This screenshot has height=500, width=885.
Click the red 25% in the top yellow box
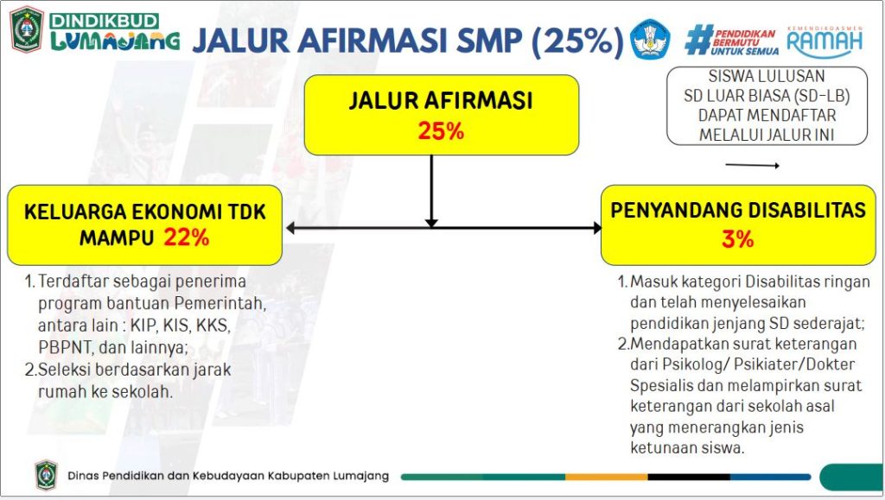(x=441, y=130)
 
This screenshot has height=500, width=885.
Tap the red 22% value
(x=187, y=237)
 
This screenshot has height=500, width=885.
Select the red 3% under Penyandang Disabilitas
(x=738, y=239)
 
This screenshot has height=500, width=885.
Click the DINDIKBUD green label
(x=104, y=21)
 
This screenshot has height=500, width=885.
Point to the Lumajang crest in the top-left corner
(x=27, y=29)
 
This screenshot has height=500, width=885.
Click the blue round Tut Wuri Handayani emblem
(x=650, y=39)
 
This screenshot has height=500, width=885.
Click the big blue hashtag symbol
(x=698, y=40)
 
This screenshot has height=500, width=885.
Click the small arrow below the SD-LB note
(x=753, y=165)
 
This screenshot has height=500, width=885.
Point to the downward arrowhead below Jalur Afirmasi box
(x=431, y=223)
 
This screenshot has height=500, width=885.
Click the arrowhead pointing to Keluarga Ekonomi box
(x=290, y=228)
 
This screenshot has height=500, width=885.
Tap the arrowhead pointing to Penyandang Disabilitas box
(x=597, y=228)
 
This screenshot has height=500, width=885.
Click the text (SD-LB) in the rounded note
(x=822, y=96)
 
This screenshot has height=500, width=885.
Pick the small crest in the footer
(x=47, y=475)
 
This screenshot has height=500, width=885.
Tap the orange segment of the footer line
(x=607, y=477)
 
